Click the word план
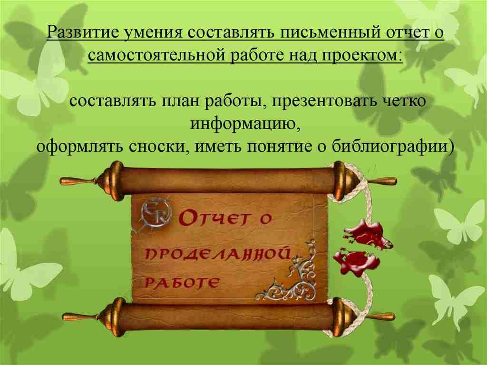[x=178, y=102]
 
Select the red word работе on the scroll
[x=181, y=284]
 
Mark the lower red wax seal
[x=357, y=261]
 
